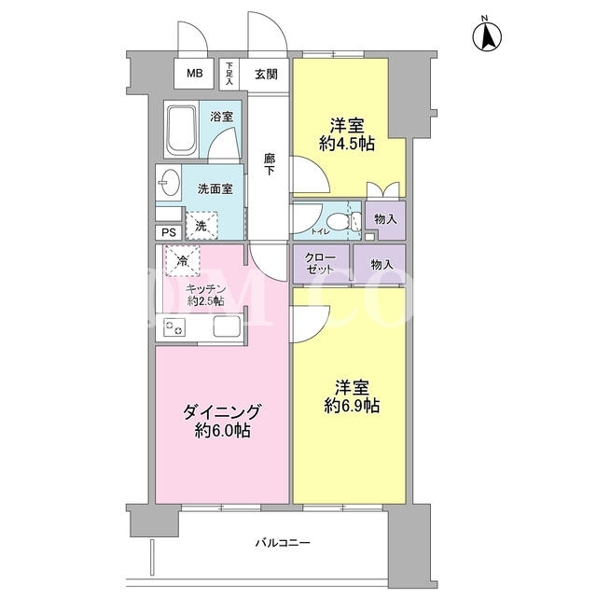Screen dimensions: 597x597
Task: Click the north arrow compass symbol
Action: pyautogui.click(x=487, y=37)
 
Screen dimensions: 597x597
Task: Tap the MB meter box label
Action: pyautogui.click(x=195, y=73)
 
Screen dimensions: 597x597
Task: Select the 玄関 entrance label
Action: pyautogui.click(x=266, y=75)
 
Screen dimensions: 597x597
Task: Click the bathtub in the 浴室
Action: pyautogui.click(x=181, y=129)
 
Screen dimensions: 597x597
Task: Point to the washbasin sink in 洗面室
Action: pyautogui.click(x=169, y=183)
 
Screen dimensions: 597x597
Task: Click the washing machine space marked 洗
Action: pyautogui.click(x=201, y=226)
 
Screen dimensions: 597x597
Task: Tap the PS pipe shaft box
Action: pyautogui.click(x=169, y=232)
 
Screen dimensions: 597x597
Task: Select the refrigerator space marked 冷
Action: pyautogui.click(x=183, y=261)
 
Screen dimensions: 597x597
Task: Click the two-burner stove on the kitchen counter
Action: pyautogui.click(x=174, y=327)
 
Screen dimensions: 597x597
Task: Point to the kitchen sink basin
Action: pyautogui.click(x=227, y=326)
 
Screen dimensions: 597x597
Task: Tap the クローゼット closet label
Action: pyautogui.click(x=320, y=263)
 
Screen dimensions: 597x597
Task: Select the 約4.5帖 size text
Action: pyautogui.click(x=347, y=144)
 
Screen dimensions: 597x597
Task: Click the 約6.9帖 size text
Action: pyautogui.click(x=352, y=407)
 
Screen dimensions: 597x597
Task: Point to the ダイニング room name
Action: pyautogui.click(x=222, y=411)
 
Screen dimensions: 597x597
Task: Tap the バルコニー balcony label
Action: pyautogui.click(x=283, y=542)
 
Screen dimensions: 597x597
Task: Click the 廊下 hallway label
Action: pyautogui.click(x=270, y=164)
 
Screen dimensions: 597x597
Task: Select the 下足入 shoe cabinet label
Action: pyautogui.click(x=229, y=74)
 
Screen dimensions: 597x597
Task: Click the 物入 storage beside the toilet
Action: pyautogui.click(x=385, y=219)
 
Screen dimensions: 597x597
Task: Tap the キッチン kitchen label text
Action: pyautogui.click(x=205, y=288)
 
